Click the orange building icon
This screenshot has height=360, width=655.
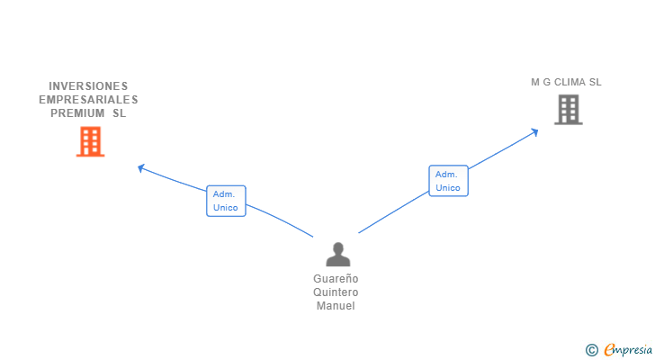pyautogui.click(x=90, y=141)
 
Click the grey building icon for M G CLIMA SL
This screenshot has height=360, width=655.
pyautogui.click(x=568, y=110)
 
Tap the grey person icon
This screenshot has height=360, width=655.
pyautogui.click(x=337, y=255)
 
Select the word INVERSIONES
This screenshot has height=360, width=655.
pyautogui.click(x=88, y=86)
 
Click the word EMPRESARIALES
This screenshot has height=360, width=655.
pyautogui.click(x=88, y=100)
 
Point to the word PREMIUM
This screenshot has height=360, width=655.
pyautogui.click(x=78, y=113)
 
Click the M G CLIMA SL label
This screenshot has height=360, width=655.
pyautogui.click(x=566, y=82)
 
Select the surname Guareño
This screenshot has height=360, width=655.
pyautogui.click(x=336, y=279)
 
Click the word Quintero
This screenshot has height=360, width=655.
pyautogui.click(x=336, y=292)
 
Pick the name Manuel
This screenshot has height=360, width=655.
pyautogui.click(x=336, y=306)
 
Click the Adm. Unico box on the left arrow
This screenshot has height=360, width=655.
pyautogui.click(x=226, y=201)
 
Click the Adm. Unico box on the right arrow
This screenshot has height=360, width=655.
pyautogui.click(x=448, y=181)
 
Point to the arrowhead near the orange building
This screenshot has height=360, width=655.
pyautogui.click(x=140, y=166)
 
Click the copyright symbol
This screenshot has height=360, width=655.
pyautogui.click(x=591, y=350)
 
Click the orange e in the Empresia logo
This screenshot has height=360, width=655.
pyautogui.click(x=610, y=350)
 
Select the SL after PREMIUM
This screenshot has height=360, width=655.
pyautogui.click(x=119, y=113)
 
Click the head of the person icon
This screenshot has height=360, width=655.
pyautogui.click(x=337, y=247)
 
